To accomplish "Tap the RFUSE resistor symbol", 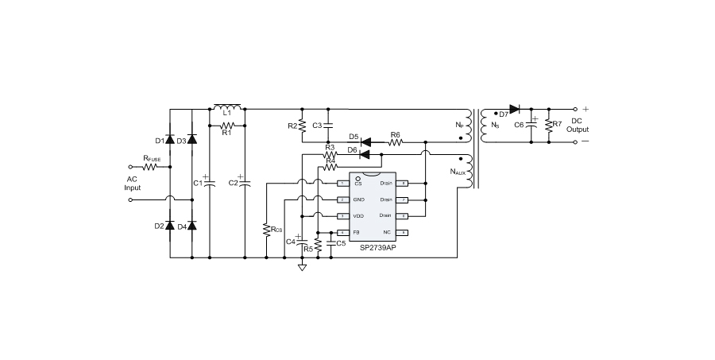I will click(153, 167).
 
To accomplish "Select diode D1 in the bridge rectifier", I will click(170, 141).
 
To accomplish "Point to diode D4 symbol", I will click(191, 226).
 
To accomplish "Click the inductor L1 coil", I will click(228, 107).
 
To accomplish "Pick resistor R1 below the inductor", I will click(228, 125).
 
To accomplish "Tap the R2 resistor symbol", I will click(302, 126).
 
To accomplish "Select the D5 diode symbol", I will click(367, 142).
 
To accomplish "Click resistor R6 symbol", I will click(395, 142).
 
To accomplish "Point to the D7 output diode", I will click(513, 109).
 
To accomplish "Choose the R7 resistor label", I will click(557, 124).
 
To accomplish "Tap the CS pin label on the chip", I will click(357, 184).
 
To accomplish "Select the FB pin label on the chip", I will click(357, 232).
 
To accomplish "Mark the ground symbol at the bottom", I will click(302, 268).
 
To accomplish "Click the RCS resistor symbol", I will click(266, 230).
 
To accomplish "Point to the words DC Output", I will click(578, 125).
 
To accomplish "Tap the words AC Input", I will click(133, 184).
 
